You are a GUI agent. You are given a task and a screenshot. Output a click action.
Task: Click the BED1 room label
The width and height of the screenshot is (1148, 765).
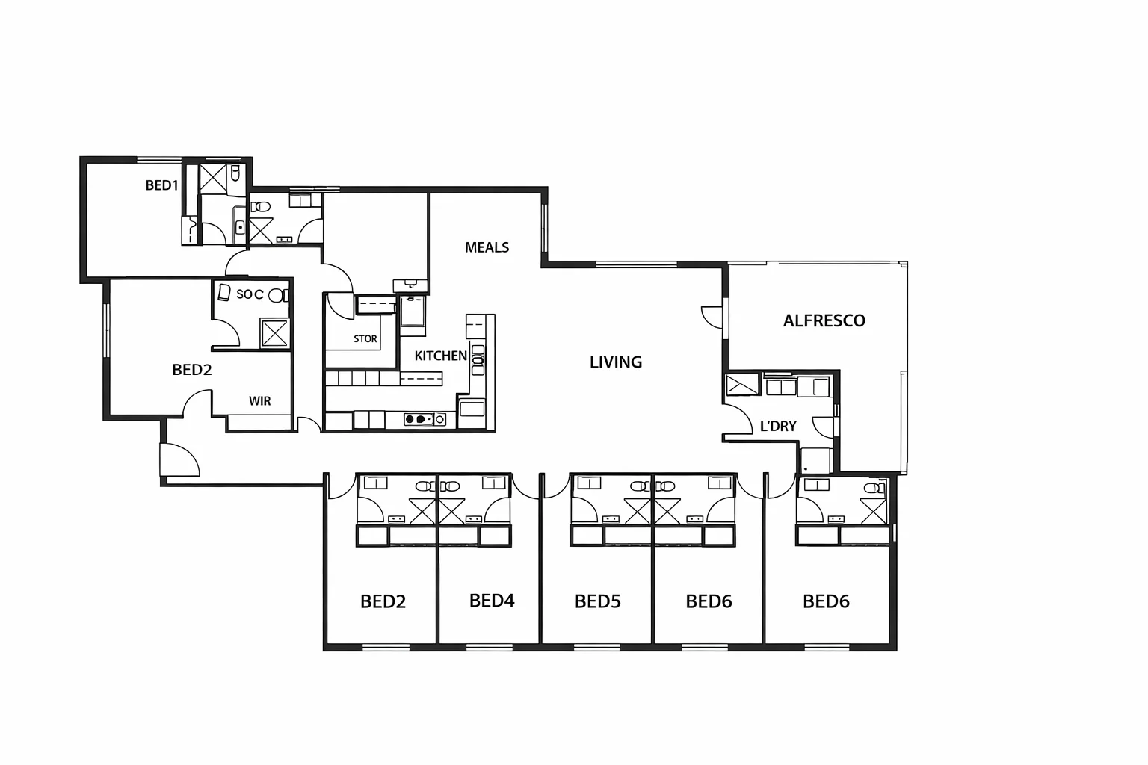(161, 185)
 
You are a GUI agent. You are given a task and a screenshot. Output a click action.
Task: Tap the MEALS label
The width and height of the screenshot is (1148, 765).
(487, 247)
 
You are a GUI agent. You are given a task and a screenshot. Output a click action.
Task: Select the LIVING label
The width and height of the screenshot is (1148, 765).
(615, 362)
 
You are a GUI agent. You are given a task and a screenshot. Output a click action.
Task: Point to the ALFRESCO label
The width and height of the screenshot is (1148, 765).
(824, 320)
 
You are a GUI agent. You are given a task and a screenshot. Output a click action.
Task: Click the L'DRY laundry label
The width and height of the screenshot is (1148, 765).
(777, 427)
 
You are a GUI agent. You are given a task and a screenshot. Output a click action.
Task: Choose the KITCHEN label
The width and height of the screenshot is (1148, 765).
(440, 356)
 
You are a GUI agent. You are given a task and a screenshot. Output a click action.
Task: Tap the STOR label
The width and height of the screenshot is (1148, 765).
(365, 339)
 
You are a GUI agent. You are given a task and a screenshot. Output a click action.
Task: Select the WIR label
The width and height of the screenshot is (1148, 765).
(259, 401)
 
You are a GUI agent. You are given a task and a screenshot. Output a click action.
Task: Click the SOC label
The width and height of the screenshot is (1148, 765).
(249, 294)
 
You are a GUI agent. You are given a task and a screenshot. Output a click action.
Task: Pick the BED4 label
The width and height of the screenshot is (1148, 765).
(491, 601)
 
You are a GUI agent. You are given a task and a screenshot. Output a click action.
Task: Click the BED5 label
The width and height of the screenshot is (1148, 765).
(597, 601)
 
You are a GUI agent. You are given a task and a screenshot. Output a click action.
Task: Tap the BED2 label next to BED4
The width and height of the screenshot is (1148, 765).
(383, 601)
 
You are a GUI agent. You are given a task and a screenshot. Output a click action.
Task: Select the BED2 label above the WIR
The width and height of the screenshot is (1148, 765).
(191, 370)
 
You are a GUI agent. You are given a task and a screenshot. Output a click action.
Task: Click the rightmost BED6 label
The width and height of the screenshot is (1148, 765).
(825, 601)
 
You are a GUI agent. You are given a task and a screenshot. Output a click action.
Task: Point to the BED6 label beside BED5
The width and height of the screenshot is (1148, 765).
(709, 601)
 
